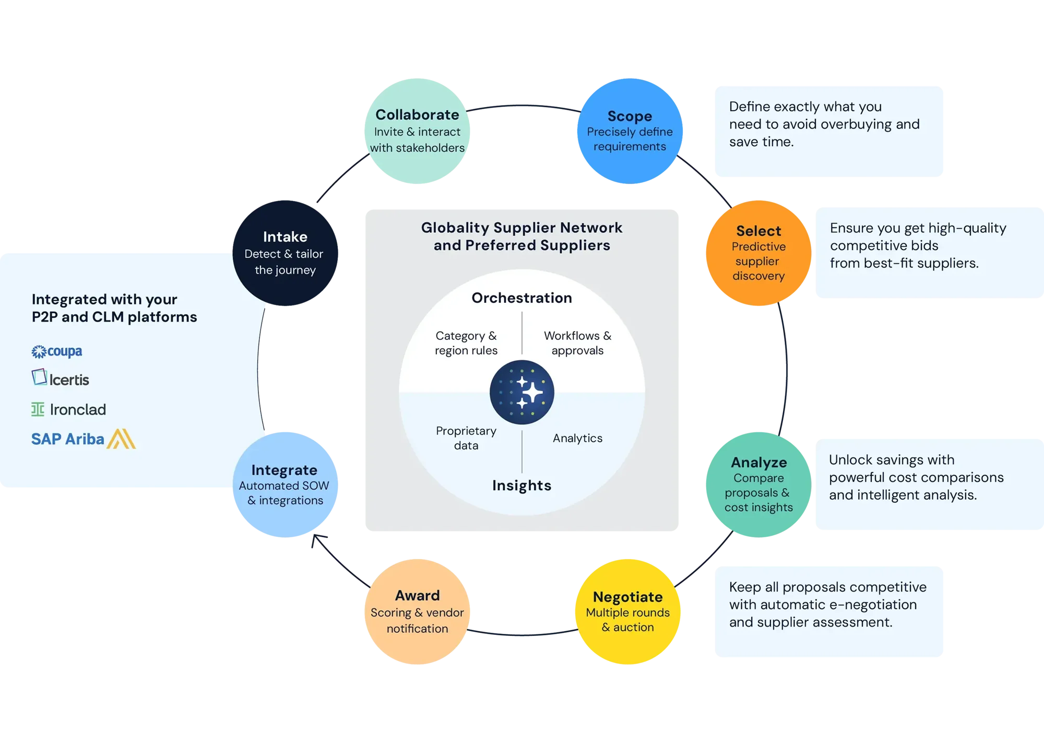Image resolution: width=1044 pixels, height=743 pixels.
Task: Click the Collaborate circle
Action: [x=417, y=131]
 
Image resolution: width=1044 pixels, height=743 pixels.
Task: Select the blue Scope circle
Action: [x=630, y=131]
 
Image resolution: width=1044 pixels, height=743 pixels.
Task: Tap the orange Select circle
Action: [x=758, y=253]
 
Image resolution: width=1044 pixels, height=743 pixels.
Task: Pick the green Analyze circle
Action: [x=758, y=485]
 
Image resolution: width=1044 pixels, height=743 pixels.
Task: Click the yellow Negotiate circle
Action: [x=627, y=611]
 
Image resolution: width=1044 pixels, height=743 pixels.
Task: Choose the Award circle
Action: [x=417, y=611]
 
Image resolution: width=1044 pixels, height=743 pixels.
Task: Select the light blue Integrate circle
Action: [x=284, y=485]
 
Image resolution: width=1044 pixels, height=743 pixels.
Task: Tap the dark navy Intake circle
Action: [x=284, y=253]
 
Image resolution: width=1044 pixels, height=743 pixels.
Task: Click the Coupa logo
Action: [x=57, y=351]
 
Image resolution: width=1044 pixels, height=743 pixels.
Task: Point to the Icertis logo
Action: [x=61, y=378]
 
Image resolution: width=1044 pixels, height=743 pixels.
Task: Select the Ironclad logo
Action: [x=68, y=409]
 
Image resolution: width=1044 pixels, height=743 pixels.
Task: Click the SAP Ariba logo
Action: [x=84, y=439]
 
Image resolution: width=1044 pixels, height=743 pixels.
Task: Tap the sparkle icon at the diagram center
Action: [x=521, y=392]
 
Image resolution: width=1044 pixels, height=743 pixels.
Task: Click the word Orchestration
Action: [x=521, y=298]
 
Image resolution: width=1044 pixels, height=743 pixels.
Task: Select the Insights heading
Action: [x=521, y=485]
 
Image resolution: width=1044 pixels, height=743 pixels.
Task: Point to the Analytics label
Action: [x=577, y=438]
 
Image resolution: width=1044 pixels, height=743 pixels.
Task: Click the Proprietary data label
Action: [x=466, y=438]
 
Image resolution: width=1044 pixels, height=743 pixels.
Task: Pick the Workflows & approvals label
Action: [x=577, y=343]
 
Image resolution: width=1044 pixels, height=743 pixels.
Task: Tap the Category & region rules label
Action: [x=466, y=343]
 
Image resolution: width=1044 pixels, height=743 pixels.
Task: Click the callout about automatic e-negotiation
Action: [x=828, y=605]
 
